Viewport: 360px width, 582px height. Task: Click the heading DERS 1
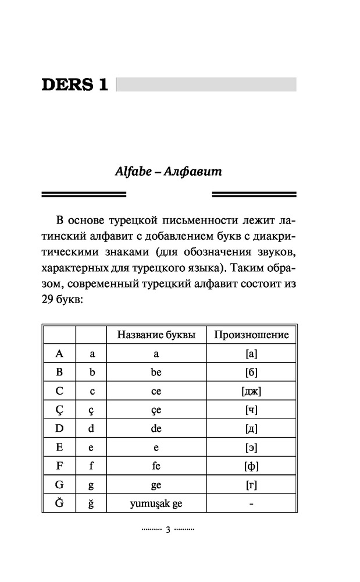(x=75, y=85)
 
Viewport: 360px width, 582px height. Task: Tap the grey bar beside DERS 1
(x=206, y=85)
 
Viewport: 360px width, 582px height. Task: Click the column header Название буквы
(x=156, y=335)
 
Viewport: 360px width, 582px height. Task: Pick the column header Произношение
(x=251, y=335)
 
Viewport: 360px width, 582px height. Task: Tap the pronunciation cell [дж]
(x=251, y=391)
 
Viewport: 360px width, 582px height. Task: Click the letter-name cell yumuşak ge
(x=156, y=503)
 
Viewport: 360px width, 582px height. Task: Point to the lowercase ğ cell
(x=91, y=503)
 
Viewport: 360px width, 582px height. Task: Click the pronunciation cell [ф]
(x=251, y=466)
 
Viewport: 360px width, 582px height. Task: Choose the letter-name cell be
(x=156, y=372)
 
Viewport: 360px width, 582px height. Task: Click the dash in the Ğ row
(x=251, y=503)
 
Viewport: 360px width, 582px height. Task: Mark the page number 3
(x=167, y=530)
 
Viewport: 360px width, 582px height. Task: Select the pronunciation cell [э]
(x=251, y=447)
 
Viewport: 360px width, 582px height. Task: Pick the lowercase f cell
(x=91, y=466)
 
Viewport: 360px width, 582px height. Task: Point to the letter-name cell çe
(x=156, y=410)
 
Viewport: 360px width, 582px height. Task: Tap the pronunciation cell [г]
(x=251, y=485)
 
